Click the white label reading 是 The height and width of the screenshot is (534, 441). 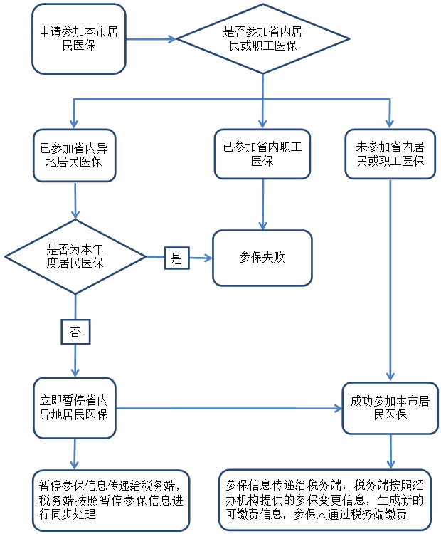pyautogui.click(x=176, y=258)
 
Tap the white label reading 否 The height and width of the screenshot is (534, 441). pyautogui.click(x=75, y=332)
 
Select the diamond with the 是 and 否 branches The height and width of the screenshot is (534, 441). pyautogui.click(x=75, y=256)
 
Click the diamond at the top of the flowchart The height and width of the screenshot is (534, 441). pyautogui.click(x=262, y=38)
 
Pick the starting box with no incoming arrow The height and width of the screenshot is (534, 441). pyautogui.click(x=79, y=38)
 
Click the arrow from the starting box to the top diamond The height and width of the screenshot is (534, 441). pyautogui.click(x=151, y=39)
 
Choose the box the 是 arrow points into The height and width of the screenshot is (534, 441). pyautogui.click(x=262, y=258)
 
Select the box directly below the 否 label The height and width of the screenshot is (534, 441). pyautogui.click(x=75, y=408)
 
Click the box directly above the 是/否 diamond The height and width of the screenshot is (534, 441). pyautogui.click(x=75, y=155)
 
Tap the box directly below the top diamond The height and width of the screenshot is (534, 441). pyautogui.click(x=262, y=154)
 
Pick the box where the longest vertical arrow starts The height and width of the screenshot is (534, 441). pyautogui.click(x=390, y=154)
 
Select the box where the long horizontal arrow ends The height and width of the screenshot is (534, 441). pyautogui.click(x=390, y=408)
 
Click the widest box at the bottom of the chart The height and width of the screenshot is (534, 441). pyautogui.click(x=324, y=500)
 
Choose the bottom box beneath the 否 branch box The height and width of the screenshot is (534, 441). pyautogui.click(x=111, y=500)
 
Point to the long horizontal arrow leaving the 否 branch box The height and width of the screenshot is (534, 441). pyautogui.click(x=228, y=409)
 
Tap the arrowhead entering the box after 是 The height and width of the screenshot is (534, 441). pyautogui.click(x=208, y=258)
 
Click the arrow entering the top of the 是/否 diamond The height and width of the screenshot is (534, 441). pyautogui.click(x=75, y=200)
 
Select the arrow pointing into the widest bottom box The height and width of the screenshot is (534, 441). pyautogui.click(x=390, y=451)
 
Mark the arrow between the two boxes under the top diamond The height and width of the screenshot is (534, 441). pyautogui.click(x=262, y=204)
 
